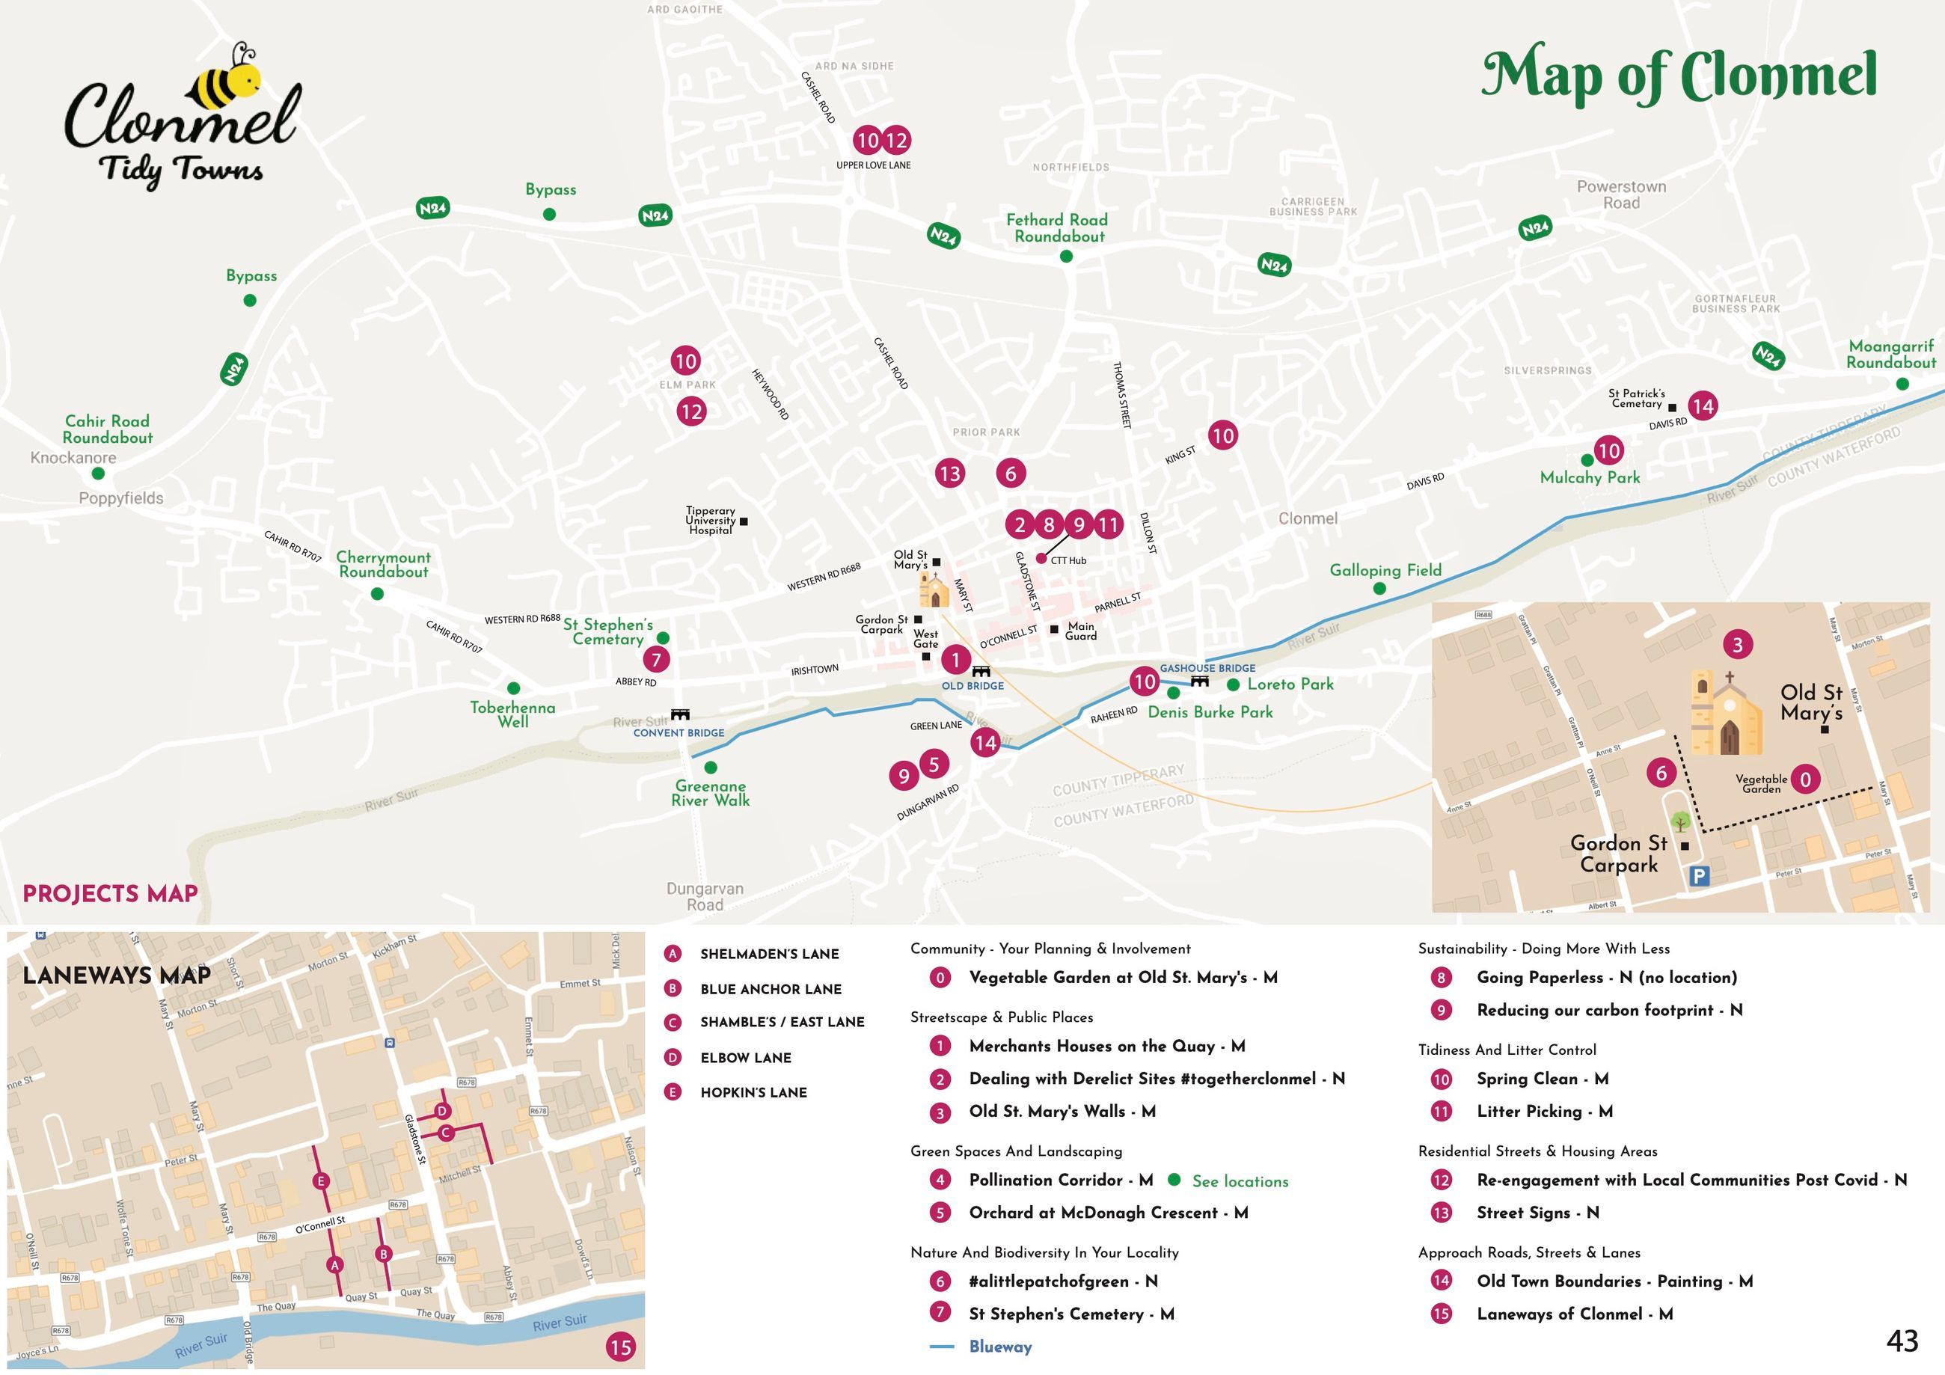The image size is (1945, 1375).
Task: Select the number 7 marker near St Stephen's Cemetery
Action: pyautogui.click(x=655, y=659)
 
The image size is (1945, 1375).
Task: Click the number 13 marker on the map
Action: pyautogui.click(x=949, y=474)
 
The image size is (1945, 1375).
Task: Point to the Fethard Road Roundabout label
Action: pyautogui.click(x=1057, y=228)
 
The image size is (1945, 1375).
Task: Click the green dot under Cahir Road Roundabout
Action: pyautogui.click(x=98, y=474)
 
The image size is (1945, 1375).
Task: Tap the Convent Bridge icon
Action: pyautogui.click(x=679, y=715)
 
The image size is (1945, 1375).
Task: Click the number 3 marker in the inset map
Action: pyautogui.click(x=1738, y=645)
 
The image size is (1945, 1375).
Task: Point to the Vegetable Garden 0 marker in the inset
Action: pyautogui.click(x=1805, y=780)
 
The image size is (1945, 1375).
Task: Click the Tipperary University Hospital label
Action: pyautogui.click(x=710, y=520)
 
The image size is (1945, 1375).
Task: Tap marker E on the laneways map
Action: pyautogui.click(x=320, y=1181)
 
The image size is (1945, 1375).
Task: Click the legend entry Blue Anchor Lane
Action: pyautogui.click(x=770, y=989)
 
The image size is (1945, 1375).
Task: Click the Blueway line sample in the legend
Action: pyautogui.click(x=941, y=1346)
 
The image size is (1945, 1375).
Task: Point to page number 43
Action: pyautogui.click(x=1902, y=1341)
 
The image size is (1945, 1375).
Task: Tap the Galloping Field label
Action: pyautogui.click(x=1385, y=570)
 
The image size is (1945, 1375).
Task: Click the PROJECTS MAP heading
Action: pyautogui.click(x=110, y=894)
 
